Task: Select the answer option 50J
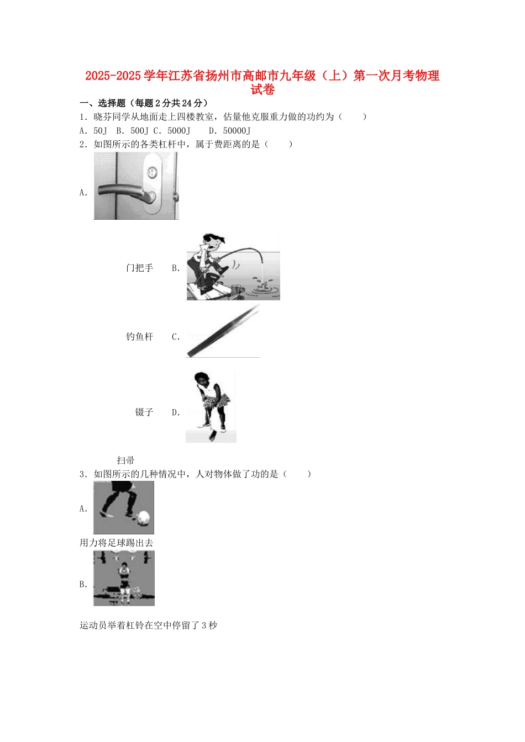(x=100, y=131)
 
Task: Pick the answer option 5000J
(x=179, y=131)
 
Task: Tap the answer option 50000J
(x=237, y=131)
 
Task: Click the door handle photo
(x=136, y=186)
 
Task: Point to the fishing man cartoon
(x=233, y=267)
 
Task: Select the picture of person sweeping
(x=211, y=407)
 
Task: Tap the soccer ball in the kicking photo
(x=143, y=518)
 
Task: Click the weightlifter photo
(x=124, y=579)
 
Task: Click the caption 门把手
(x=139, y=268)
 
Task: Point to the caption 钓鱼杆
(x=139, y=337)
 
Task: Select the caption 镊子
(x=144, y=412)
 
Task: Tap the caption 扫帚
(x=125, y=460)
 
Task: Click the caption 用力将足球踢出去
(x=117, y=543)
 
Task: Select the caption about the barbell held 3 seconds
(x=149, y=626)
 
